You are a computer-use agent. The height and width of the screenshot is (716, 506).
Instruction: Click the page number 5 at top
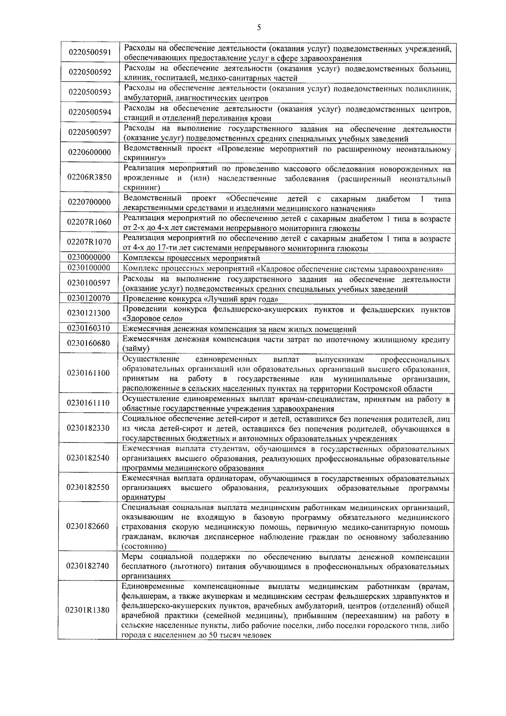[258, 28]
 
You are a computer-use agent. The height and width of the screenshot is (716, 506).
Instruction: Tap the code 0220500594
[89, 112]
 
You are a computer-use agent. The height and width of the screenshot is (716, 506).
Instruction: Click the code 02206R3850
[89, 177]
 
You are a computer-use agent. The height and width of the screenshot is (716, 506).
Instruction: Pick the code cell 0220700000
[89, 202]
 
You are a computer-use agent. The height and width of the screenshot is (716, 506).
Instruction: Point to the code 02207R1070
[89, 242]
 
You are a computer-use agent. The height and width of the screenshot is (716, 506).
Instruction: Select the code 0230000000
[89, 257]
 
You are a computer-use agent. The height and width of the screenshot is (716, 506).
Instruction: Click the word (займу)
[136, 349]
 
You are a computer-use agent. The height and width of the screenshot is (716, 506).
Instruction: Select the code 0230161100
[89, 373]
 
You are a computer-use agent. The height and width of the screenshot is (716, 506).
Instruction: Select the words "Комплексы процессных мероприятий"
[191, 258]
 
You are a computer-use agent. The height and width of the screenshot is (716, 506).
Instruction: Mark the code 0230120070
[89, 298]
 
